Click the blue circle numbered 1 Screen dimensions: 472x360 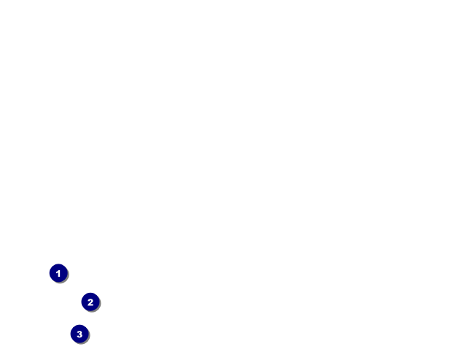pyautogui.click(x=58, y=273)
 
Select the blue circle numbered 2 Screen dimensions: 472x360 pyautogui.click(x=90, y=302)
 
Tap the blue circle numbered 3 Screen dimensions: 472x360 pyautogui.click(x=80, y=334)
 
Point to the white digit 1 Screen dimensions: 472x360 pyautogui.click(x=58, y=274)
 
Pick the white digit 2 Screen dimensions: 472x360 pyautogui.click(x=90, y=302)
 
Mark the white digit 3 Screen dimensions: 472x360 pyautogui.click(x=80, y=334)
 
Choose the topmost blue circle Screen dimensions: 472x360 pyautogui.click(x=58, y=273)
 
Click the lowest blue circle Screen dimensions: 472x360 pyautogui.click(x=80, y=334)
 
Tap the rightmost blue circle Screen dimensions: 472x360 pyautogui.click(x=90, y=302)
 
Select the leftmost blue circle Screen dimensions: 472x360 pyautogui.click(x=58, y=273)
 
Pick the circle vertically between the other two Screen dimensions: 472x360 pyautogui.click(x=90, y=302)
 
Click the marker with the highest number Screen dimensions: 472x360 pyautogui.click(x=80, y=334)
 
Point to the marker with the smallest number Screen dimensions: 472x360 pyautogui.click(x=58, y=273)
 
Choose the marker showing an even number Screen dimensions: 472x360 pyautogui.click(x=90, y=302)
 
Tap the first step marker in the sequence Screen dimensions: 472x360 pyautogui.click(x=58, y=273)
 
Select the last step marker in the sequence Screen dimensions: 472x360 pyautogui.click(x=80, y=334)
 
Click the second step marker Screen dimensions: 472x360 pyautogui.click(x=90, y=302)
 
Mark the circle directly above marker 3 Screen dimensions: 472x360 pyautogui.click(x=90, y=302)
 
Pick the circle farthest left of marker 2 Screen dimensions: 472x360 pyautogui.click(x=58, y=273)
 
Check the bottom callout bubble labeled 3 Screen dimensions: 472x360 pyautogui.click(x=80, y=334)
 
